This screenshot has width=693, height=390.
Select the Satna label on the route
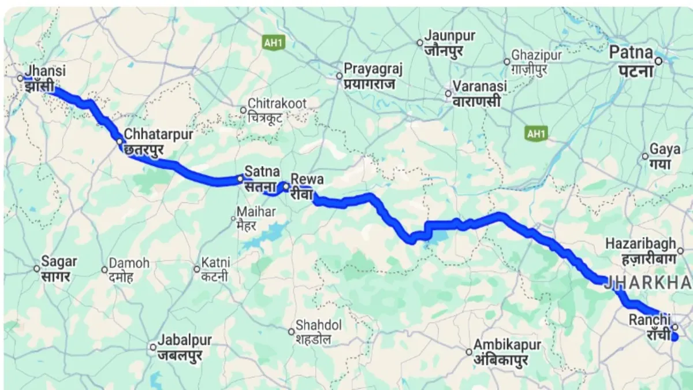(x=262, y=172)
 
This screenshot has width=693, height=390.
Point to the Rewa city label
(x=307, y=179)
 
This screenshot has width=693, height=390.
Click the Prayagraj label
(x=372, y=69)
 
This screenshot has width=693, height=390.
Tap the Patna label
(x=632, y=54)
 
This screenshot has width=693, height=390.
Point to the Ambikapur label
(x=507, y=345)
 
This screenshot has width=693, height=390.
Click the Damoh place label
(x=129, y=263)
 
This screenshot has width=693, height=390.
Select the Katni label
(x=215, y=263)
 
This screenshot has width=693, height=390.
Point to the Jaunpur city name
(x=449, y=36)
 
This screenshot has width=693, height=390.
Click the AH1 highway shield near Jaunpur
(x=270, y=42)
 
